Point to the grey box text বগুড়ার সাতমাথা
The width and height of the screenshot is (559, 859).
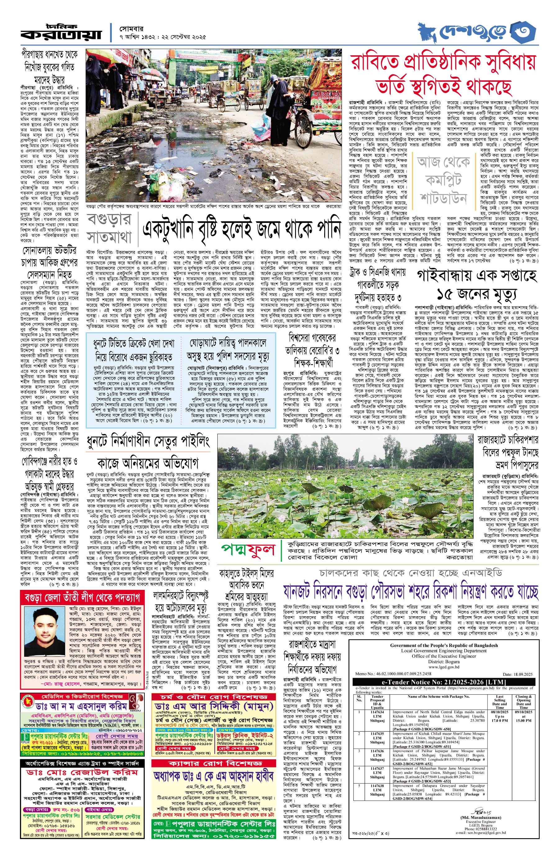click(109, 228)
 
